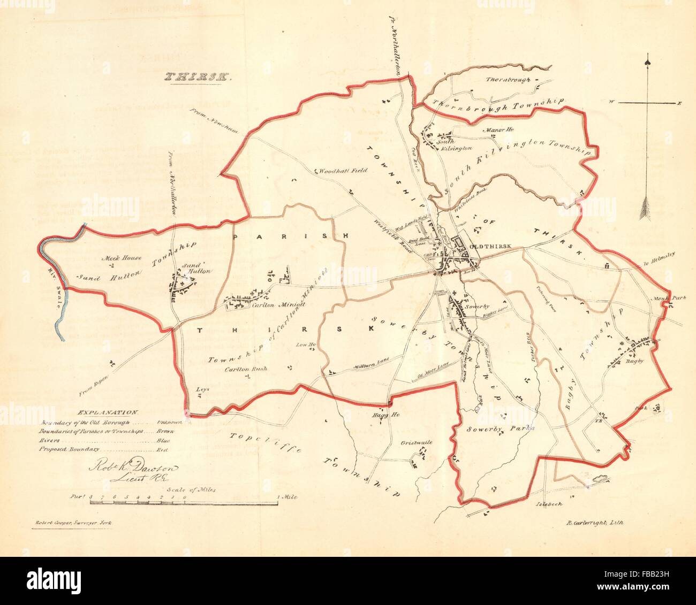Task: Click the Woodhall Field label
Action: (343, 172)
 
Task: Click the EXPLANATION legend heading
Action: (108, 412)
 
